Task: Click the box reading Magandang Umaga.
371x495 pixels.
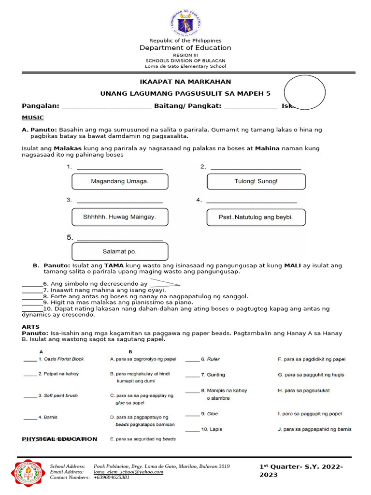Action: point(120,182)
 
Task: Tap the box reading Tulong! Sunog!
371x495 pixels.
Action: point(256,182)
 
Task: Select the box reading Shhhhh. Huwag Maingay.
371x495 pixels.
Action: point(120,217)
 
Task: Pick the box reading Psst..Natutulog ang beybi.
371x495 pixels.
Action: point(256,217)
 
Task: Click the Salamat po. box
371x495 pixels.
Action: point(120,251)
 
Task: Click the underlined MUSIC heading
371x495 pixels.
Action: point(33,117)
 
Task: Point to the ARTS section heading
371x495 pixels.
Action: point(31,327)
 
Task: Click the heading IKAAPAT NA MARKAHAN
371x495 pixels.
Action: point(185,82)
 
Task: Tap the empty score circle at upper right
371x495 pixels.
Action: point(304,92)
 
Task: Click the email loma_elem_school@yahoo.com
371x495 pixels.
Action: point(128,472)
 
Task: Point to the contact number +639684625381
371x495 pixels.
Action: point(112,477)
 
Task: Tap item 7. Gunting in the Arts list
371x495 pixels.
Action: point(213,375)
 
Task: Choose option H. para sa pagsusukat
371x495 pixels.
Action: point(304,391)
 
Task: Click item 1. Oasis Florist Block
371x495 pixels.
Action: point(61,359)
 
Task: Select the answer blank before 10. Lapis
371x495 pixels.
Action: point(192,429)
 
